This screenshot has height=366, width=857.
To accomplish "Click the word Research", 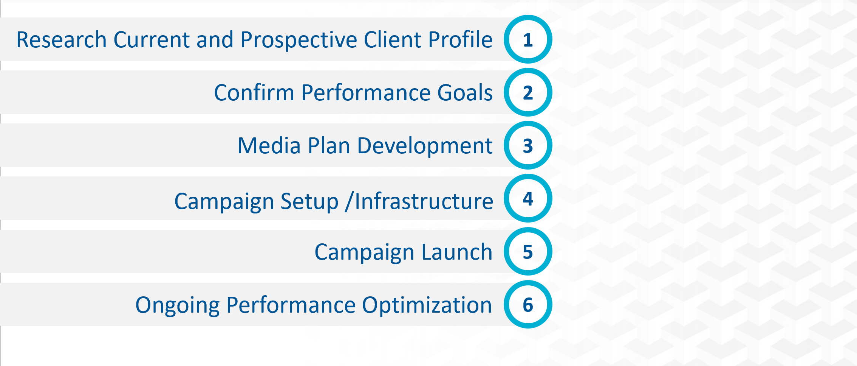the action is [x=62, y=40].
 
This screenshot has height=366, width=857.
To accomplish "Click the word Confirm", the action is [x=254, y=93].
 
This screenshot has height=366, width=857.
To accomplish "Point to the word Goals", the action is [x=465, y=93].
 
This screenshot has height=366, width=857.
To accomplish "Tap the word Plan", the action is [x=329, y=146].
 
